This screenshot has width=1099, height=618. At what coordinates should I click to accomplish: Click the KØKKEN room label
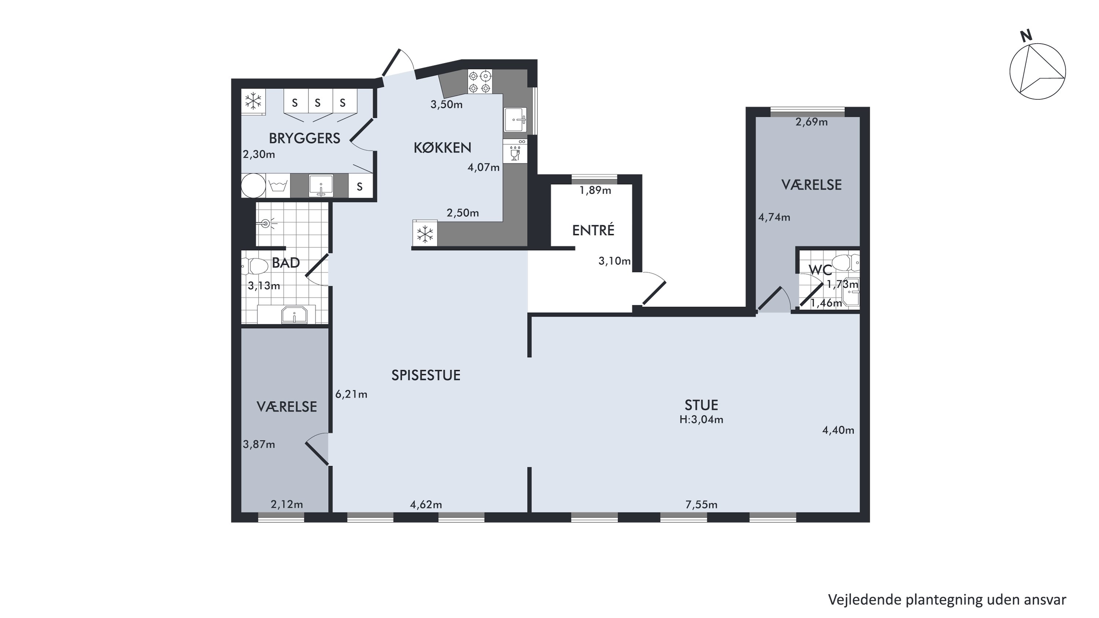[443, 148]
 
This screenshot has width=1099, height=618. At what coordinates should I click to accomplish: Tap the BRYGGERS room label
[305, 138]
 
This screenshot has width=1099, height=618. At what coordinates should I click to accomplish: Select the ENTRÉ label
[593, 230]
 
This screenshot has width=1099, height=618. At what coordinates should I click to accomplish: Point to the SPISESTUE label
[426, 375]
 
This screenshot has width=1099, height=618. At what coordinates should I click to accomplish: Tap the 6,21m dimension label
[351, 395]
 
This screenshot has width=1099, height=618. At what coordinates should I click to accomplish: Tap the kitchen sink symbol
[515, 120]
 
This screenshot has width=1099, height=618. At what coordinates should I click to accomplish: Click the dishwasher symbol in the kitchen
[515, 151]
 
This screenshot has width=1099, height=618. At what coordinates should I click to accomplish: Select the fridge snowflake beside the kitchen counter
[425, 234]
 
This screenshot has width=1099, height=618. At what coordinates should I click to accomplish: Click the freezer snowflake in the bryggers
[254, 101]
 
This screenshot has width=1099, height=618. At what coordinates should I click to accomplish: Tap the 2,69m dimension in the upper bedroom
[811, 122]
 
